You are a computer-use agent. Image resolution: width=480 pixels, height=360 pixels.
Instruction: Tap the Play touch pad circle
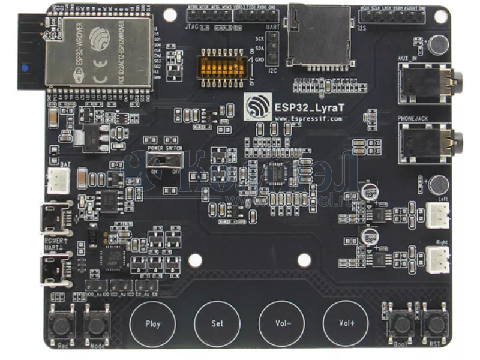[x=153, y=323]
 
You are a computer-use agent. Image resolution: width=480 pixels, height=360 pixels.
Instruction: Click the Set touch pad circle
[x=217, y=323]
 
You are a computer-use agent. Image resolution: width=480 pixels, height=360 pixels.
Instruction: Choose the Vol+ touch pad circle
[x=346, y=323]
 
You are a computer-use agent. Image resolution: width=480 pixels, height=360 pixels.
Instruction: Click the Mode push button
[x=96, y=325]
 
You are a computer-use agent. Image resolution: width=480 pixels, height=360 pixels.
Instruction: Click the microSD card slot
[x=319, y=36]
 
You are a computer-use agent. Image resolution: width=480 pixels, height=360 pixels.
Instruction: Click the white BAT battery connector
[x=59, y=179]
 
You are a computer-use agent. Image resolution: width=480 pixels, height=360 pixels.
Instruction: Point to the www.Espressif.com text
[x=308, y=119]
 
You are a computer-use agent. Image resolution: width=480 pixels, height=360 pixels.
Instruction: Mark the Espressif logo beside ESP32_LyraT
[x=257, y=108]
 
